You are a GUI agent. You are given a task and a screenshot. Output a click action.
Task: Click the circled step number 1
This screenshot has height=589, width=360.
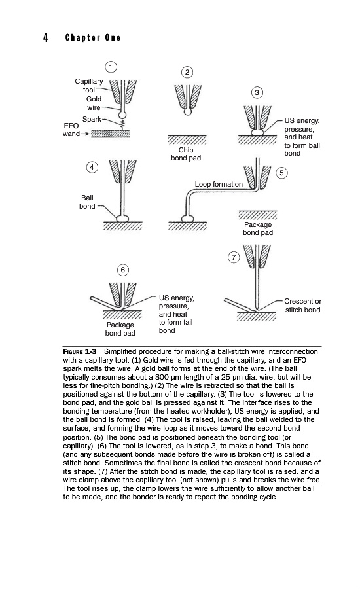click(111, 67)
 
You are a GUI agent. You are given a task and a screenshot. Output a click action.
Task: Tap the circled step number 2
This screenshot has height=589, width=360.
click(187, 72)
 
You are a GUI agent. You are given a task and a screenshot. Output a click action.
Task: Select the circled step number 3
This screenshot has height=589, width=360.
click(257, 93)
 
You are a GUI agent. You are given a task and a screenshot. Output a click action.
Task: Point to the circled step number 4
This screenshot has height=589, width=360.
click(92, 167)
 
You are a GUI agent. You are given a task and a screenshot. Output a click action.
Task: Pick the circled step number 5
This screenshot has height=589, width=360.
click(281, 173)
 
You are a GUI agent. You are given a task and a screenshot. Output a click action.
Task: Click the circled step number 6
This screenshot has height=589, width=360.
click(123, 270)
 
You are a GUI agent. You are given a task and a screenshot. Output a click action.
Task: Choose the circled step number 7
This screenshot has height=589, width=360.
click(234, 257)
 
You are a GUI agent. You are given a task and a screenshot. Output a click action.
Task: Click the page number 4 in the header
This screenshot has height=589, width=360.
click(45, 37)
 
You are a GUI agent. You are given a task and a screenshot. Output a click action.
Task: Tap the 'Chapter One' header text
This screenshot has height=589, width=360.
click(93, 37)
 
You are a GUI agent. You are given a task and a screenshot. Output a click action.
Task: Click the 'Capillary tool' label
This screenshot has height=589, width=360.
click(88, 86)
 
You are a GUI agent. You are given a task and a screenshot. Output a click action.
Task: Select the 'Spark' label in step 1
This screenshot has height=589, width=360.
click(92, 120)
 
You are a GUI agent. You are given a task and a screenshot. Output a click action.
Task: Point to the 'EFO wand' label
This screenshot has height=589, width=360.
click(71, 130)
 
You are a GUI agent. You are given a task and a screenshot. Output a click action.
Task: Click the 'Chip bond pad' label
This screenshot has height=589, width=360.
click(186, 154)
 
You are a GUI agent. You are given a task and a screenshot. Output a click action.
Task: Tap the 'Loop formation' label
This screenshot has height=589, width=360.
click(219, 184)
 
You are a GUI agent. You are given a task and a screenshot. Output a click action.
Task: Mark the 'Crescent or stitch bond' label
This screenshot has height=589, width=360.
click(303, 306)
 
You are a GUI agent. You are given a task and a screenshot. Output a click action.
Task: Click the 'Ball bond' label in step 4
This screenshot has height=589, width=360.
click(87, 202)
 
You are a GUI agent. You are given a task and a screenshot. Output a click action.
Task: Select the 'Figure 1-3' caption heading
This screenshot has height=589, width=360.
click(80, 351)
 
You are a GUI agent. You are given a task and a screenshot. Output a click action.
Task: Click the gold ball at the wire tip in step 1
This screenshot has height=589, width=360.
click(122, 115)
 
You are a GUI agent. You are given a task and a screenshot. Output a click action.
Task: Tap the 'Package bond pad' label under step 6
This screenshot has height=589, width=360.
click(120, 329)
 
